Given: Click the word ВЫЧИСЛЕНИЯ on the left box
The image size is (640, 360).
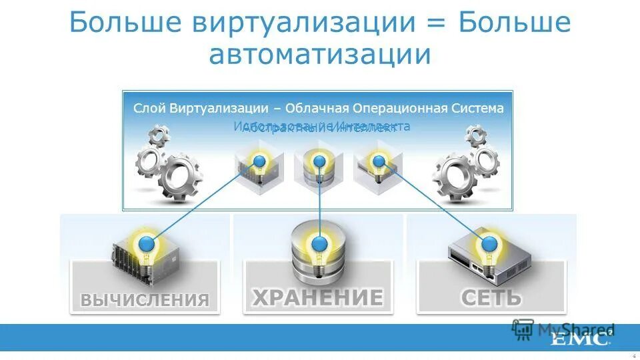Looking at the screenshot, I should pyautogui.click(x=145, y=299).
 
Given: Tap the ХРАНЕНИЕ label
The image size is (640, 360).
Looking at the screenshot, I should pyautogui.click(x=317, y=297).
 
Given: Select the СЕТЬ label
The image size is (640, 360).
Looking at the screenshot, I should pyautogui.click(x=491, y=297).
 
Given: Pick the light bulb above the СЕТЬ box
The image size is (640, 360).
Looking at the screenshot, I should pyautogui.click(x=490, y=245).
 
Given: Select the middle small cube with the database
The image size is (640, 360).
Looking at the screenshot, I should pyautogui.click(x=319, y=168).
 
